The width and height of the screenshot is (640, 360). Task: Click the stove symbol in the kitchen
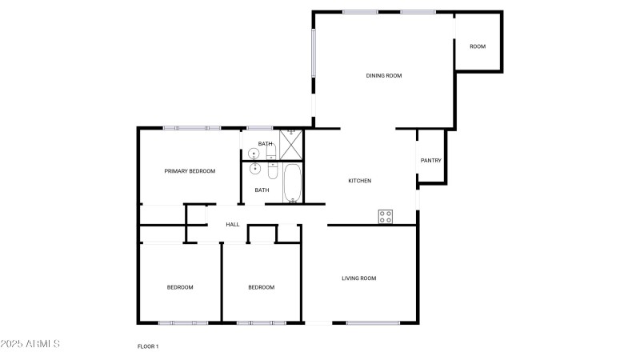coord(386,216)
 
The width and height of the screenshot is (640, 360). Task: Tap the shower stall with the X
coord(291,145)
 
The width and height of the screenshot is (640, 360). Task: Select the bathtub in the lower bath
coord(292,183)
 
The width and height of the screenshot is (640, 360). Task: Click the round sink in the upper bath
coord(254,154)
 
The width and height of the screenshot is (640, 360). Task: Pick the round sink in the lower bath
coord(255,169)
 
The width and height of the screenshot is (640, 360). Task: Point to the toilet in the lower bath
coord(272,170)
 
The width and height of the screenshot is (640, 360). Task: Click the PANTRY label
coord(431,161)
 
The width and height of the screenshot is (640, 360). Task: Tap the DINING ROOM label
coord(384,75)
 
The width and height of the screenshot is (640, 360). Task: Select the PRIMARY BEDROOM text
coord(190,171)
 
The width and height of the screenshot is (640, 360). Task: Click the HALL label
coord(233,225)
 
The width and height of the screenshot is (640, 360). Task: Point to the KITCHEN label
coord(359,181)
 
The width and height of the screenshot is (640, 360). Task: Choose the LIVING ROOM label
coord(358,278)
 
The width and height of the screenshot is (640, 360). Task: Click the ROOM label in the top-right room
coord(478,46)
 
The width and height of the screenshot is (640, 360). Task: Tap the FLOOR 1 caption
coord(148,346)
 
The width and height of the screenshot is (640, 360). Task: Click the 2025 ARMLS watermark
coord(30,344)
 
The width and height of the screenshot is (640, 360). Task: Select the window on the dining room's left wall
coord(314,53)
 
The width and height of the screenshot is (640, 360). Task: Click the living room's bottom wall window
coord(373,323)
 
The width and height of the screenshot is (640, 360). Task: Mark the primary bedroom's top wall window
coord(192,128)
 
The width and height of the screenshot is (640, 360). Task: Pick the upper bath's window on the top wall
coord(259,128)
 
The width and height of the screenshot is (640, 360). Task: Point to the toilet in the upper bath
coord(271,152)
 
